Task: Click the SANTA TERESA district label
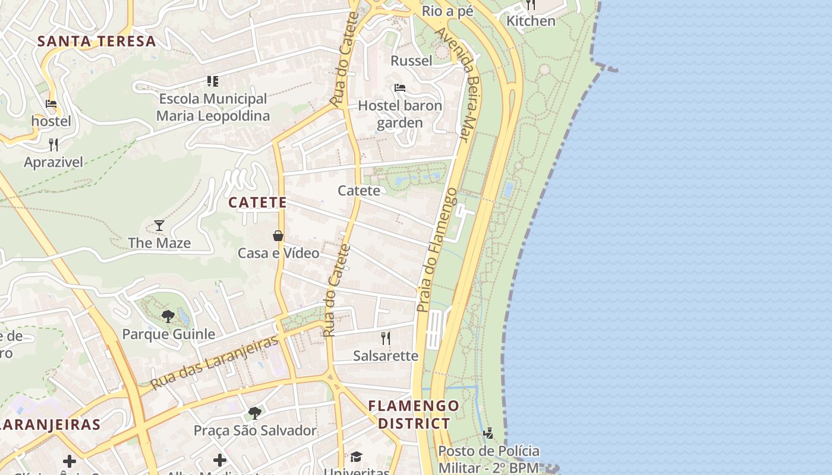pyautogui.click(x=97, y=42)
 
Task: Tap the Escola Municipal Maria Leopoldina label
pyautogui.click(x=213, y=107)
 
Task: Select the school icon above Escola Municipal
pyautogui.click(x=212, y=81)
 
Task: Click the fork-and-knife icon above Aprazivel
pyautogui.click(x=53, y=144)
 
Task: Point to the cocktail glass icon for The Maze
pyautogui.click(x=159, y=225)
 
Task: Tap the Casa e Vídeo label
pyautogui.click(x=278, y=253)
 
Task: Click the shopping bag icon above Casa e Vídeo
pyautogui.click(x=278, y=236)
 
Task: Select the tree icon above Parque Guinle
pyautogui.click(x=168, y=316)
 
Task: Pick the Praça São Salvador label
pyautogui.click(x=255, y=430)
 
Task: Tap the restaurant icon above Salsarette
pyautogui.click(x=386, y=338)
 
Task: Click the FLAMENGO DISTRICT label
pyautogui.click(x=414, y=415)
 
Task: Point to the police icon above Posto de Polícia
pyautogui.click(x=488, y=433)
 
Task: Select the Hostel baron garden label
pyautogui.click(x=400, y=115)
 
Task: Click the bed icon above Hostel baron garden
pyautogui.click(x=400, y=88)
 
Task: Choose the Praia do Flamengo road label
pyautogui.click(x=437, y=251)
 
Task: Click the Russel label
pyautogui.click(x=411, y=61)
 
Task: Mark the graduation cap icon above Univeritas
pyautogui.click(x=356, y=457)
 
